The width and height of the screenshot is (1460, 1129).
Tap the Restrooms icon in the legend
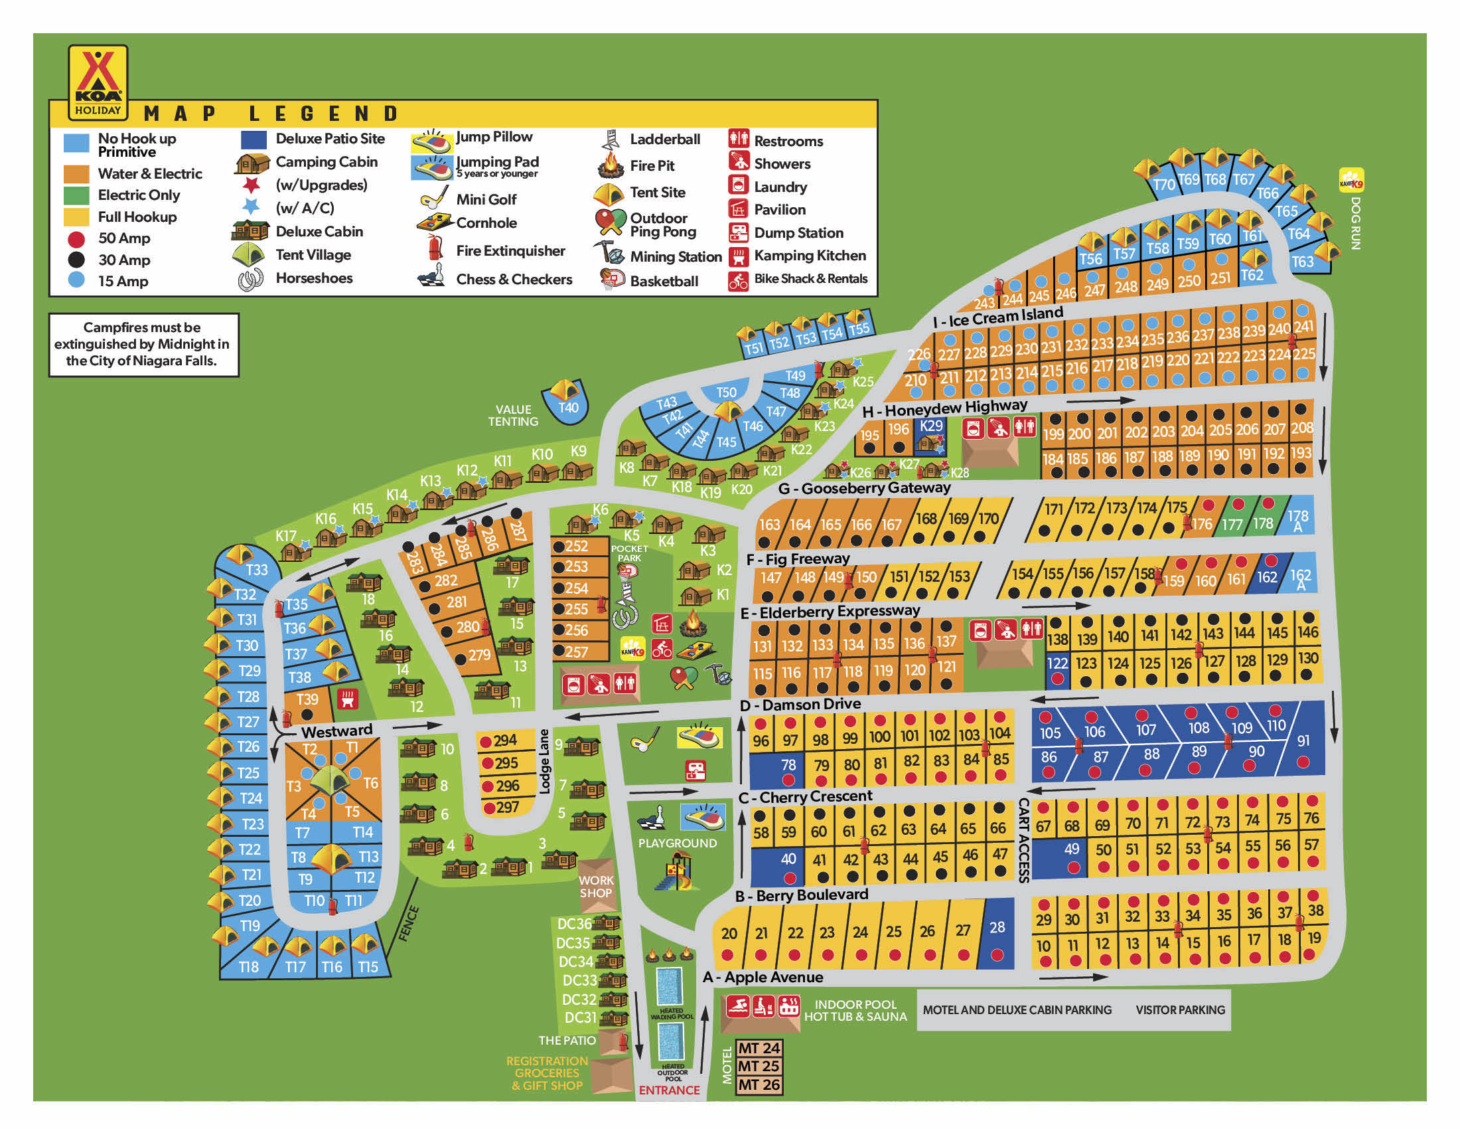(738, 139)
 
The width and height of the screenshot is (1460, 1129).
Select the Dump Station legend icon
(738, 232)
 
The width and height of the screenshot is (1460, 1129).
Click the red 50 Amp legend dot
(76, 239)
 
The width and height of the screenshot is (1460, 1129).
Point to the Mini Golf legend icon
(435, 198)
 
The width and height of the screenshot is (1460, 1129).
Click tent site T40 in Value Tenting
(567, 400)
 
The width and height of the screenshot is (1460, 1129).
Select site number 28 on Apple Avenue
(997, 934)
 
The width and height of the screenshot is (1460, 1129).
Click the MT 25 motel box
(759, 1066)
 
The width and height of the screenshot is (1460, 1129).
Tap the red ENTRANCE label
(668, 1090)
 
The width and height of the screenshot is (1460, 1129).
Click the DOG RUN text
(1355, 222)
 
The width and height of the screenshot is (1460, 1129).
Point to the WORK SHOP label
(596, 887)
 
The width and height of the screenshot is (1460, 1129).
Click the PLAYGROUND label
(677, 843)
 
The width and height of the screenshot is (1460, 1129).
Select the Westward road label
(336, 731)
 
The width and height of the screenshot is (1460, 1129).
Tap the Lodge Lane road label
(544, 761)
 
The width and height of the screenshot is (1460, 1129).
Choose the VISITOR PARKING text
(1180, 1010)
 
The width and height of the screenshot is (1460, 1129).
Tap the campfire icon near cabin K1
(694, 625)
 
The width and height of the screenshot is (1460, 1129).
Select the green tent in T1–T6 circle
(331, 780)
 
